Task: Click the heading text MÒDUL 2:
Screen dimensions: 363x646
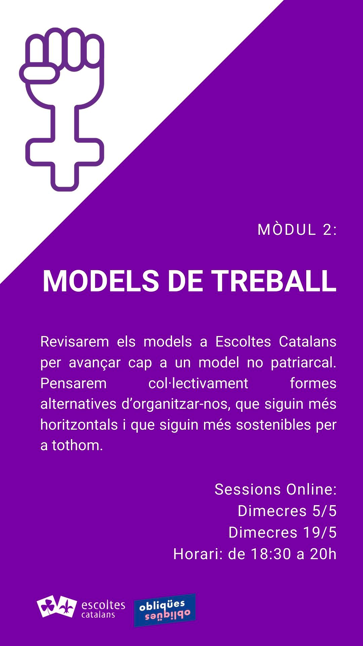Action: coord(297,230)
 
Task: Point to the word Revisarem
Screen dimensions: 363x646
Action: coord(75,342)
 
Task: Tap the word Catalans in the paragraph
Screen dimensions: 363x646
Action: coord(308,342)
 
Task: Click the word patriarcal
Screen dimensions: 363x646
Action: coord(304,363)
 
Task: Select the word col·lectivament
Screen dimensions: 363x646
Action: coord(198,383)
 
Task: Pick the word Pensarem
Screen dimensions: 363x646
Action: coord(73,383)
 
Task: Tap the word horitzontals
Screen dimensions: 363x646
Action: coord(79,425)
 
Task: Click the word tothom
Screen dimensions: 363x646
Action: coord(77,445)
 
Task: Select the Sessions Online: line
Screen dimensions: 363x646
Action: coord(276,490)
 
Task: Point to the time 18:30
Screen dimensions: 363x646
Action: coord(271,554)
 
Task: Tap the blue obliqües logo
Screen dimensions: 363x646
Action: coord(165,610)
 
